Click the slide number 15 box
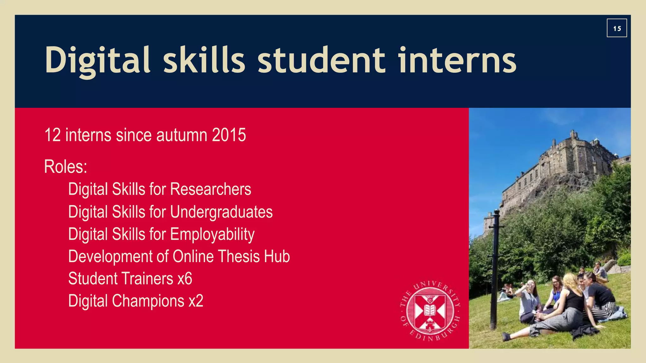(x=617, y=28)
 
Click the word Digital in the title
(x=97, y=60)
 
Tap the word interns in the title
(x=457, y=60)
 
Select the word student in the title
(x=321, y=60)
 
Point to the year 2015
(x=229, y=135)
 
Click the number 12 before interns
(x=52, y=135)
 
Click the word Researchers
(x=211, y=189)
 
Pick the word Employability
(x=212, y=234)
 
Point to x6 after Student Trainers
(x=185, y=279)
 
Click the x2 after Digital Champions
(x=196, y=301)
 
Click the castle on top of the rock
(x=565, y=161)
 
